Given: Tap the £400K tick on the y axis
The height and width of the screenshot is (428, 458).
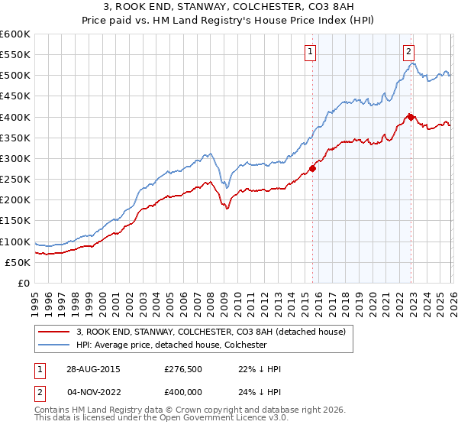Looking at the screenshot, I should tap(15, 117).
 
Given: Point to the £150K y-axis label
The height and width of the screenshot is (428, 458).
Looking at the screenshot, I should tap(15, 221).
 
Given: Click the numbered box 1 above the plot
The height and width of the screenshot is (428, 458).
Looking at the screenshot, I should tap(311, 52).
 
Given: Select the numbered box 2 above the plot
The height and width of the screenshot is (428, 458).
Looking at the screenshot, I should tap(409, 52).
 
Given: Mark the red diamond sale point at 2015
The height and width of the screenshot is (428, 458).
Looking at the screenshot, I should tap(312, 168).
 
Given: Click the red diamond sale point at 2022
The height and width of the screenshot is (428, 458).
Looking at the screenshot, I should tap(411, 117).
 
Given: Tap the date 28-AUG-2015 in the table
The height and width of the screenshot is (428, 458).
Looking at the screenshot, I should tap(92, 369).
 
